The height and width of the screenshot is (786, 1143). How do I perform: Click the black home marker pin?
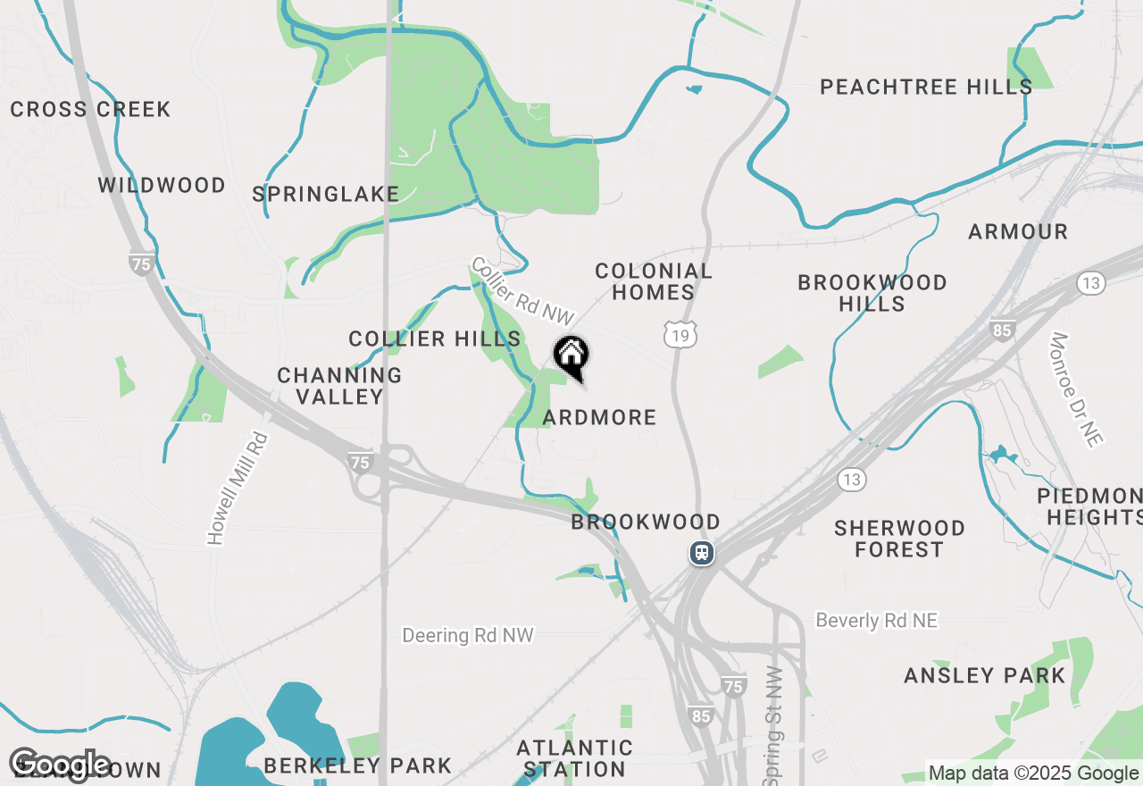[x=571, y=356]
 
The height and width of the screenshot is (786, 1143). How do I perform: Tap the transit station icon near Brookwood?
[x=702, y=553]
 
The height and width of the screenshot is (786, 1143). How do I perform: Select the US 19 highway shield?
[x=680, y=335]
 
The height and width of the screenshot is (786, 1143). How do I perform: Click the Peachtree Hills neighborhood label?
[x=926, y=87]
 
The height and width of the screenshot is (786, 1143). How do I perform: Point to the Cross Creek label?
[x=90, y=110]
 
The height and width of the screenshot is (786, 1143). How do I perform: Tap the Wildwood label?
[x=162, y=186]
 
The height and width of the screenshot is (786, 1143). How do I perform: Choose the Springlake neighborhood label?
[x=325, y=194]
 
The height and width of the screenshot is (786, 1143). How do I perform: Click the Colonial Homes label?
[x=654, y=281]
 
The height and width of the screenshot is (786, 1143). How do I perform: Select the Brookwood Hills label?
[x=872, y=293]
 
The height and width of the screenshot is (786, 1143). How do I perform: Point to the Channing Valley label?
[x=339, y=386]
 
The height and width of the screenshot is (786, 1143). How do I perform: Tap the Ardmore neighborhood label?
[x=599, y=417]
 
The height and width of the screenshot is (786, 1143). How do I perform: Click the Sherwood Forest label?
[x=899, y=539]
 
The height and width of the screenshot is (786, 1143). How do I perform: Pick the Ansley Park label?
[x=985, y=675]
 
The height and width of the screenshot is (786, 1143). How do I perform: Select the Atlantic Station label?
[x=575, y=758]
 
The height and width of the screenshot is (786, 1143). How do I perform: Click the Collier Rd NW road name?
[x=522, y=292]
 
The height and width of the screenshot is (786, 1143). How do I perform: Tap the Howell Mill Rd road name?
[x=238, y=489]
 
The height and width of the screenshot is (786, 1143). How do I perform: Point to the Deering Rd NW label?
[x=467, y=635]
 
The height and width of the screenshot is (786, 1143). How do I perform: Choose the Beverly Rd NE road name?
[x=877, y=621]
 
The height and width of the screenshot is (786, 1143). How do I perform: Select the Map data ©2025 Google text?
[x=1034, y=773]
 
